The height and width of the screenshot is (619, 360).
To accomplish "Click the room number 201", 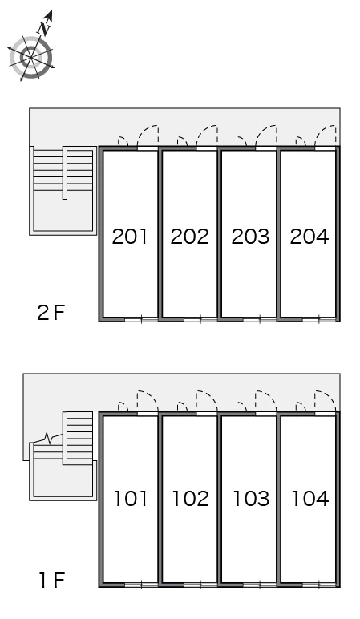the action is tap(129, 236).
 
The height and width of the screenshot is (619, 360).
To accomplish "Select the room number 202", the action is tap(189, 236).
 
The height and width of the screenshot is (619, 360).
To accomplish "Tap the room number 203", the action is tap(250, 236).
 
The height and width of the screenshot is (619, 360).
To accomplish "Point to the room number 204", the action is tap(309, 236).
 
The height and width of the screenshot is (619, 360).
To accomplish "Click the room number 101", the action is tap(130, 498).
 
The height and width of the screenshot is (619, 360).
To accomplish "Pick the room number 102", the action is tap(191, 498).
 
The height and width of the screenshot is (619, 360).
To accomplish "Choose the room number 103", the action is tap(252, 498).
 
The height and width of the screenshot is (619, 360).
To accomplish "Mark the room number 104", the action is tap(310, 498).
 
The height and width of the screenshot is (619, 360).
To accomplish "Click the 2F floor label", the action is tap(51, 313).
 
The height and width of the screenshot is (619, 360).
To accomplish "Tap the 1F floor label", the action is tap(51, 580).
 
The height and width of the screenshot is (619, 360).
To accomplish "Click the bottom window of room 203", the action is tap(259, 319).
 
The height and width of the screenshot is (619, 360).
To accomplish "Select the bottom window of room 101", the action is tap(141, 585).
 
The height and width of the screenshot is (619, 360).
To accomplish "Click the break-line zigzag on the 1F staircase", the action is tap(48, 438).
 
